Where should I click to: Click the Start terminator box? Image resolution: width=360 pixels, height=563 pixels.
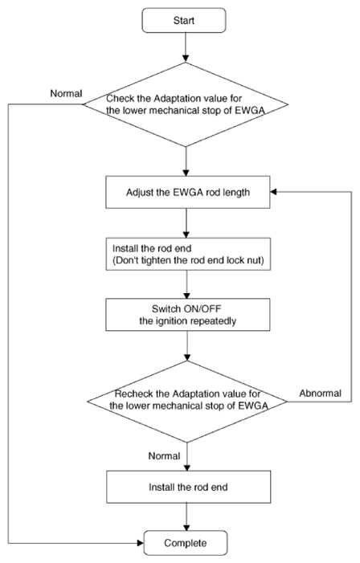(184, 20)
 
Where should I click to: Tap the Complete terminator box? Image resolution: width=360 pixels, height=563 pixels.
(186, 543)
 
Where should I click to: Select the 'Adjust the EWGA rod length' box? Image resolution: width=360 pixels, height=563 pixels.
(187, 192)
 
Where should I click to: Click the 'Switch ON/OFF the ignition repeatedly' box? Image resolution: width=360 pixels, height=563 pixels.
(187, 315)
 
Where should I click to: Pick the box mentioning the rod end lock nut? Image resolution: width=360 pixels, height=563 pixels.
(188, 254)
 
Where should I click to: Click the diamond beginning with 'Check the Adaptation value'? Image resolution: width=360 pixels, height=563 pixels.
(186, 104)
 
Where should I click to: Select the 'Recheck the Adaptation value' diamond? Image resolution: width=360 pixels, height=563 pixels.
(187, 402)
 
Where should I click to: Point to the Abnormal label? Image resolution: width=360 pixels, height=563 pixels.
(320, 394)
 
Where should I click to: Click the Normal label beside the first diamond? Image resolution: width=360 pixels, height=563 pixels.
(66, 93)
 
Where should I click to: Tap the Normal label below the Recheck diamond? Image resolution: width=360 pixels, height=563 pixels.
(164, 456)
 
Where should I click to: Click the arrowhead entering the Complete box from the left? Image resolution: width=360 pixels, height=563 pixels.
(141, 543)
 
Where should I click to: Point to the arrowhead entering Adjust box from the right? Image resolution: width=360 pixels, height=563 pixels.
(274, 192)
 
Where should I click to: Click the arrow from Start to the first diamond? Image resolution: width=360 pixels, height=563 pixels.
(186, 47)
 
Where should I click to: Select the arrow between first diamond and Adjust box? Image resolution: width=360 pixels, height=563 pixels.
(186, 161)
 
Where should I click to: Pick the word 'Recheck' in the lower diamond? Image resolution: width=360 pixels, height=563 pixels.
(129, 394)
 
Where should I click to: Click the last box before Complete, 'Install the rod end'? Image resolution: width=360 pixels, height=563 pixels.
(188, 487)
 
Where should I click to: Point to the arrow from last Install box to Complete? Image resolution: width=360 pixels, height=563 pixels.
(186, 516)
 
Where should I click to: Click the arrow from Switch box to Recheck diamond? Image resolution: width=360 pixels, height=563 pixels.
(187, 346)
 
